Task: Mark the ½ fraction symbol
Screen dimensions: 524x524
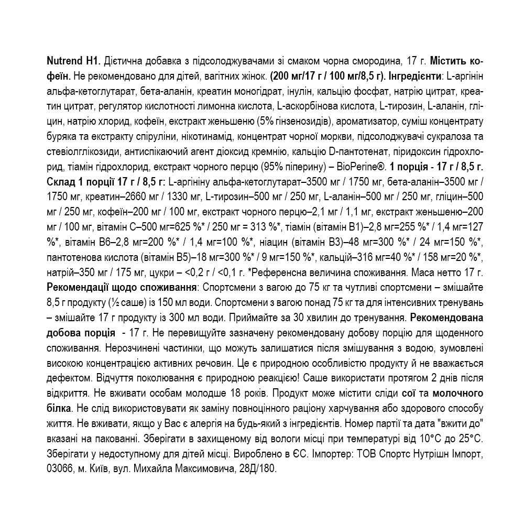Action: pos(113,303)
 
